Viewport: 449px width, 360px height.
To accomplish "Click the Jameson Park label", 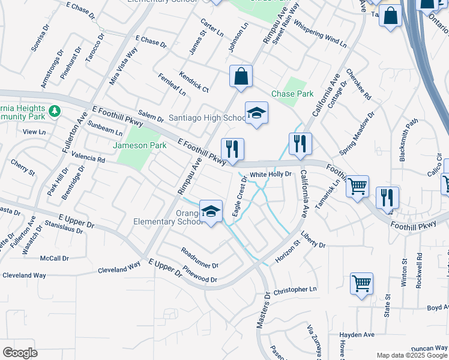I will [x=140, y=145].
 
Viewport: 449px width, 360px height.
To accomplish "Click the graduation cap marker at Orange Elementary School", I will [x=211, y=211].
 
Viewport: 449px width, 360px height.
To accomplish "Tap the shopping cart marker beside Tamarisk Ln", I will [x=358, y=187].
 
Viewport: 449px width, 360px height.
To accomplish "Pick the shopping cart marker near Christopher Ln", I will [x=361, y=283].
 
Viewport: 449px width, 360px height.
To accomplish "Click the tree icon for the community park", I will [x=55, y=111].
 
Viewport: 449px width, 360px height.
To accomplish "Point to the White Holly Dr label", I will [x=270, y=174].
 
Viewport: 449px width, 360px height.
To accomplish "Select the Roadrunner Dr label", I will [x=199, y=257].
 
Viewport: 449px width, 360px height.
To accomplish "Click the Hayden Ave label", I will [x=357, y=335].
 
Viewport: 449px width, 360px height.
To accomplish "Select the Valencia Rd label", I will [x=88, y=157].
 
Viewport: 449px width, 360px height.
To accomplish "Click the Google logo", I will [x=20, y=353].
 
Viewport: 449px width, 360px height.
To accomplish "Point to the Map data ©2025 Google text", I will [x=412, y=355].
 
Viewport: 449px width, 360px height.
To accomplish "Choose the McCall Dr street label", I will [x=55, y=258].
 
